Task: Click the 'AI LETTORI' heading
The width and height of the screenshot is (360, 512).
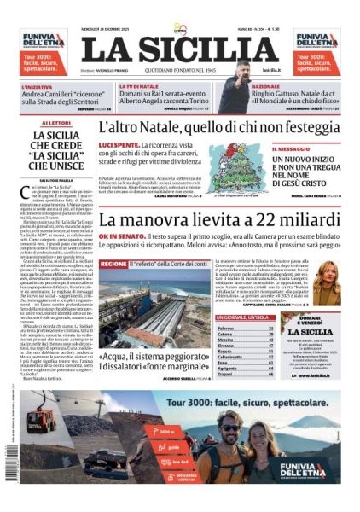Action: click(55, 124)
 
